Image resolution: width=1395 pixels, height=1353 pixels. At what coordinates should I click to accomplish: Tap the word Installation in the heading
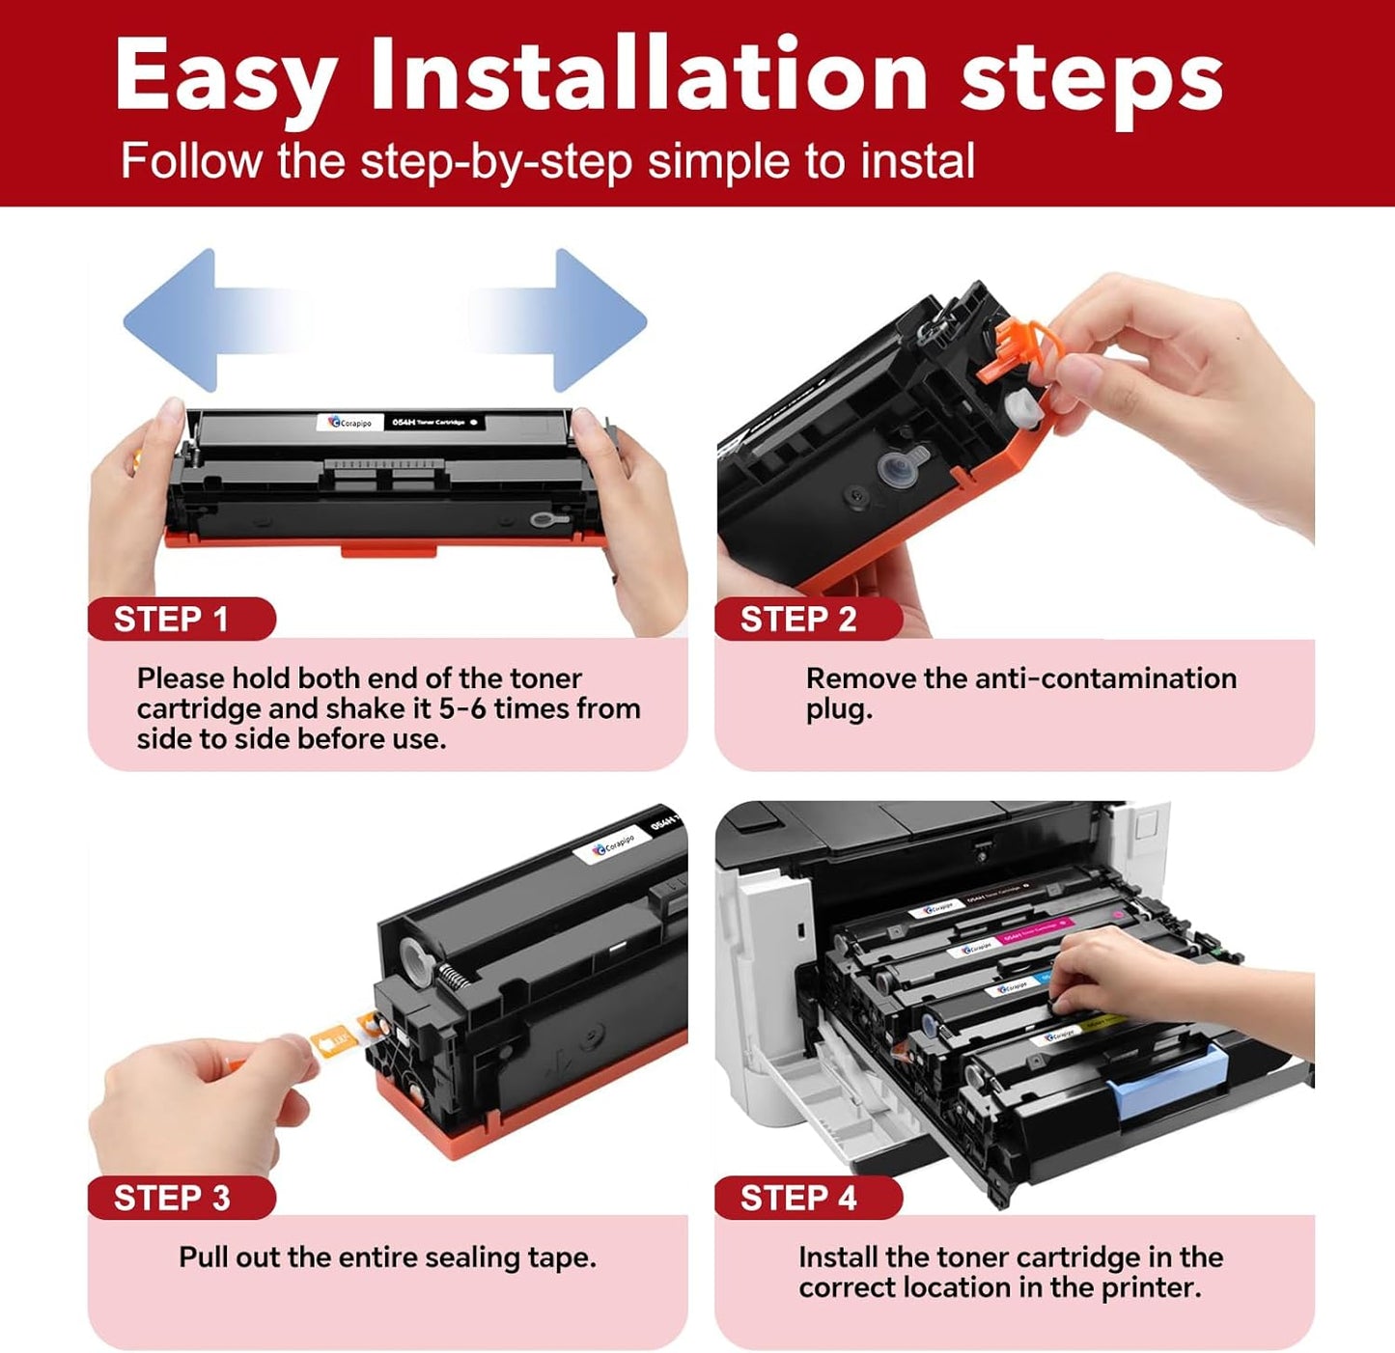coord(648,75)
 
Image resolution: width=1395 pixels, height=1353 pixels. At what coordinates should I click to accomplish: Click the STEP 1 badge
coord(172,619)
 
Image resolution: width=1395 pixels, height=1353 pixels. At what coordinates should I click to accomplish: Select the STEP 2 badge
coord(798,619)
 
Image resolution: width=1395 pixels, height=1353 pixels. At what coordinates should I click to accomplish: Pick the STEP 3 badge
coord(172,1198)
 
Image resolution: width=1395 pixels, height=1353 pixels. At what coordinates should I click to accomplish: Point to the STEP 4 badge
coord(798,1198)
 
